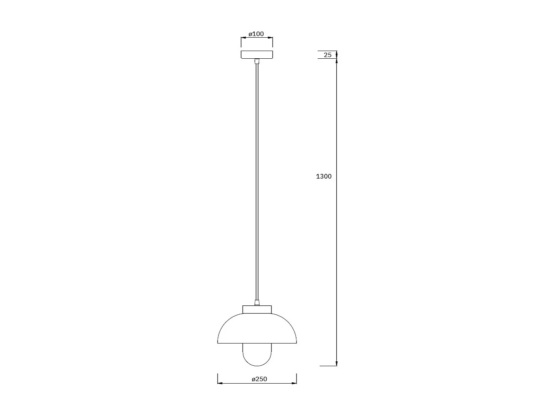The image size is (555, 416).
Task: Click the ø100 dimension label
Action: click(256, 34)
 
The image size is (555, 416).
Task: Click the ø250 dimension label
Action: click(259, 379)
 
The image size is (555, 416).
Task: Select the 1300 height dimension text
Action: click(324, 176)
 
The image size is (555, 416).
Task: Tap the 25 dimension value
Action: click(328, 55)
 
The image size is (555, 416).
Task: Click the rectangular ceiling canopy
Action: click(257, 55)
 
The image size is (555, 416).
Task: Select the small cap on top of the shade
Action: click(257, 309)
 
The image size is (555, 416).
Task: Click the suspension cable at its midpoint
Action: click(257, 182)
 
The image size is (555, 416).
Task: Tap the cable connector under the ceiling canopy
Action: click(257, 61)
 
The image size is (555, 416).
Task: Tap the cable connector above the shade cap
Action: click(257, 303)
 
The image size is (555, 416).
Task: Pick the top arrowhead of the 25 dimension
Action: click(337, 53)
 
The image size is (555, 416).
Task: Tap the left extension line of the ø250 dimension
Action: click(218, 378)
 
